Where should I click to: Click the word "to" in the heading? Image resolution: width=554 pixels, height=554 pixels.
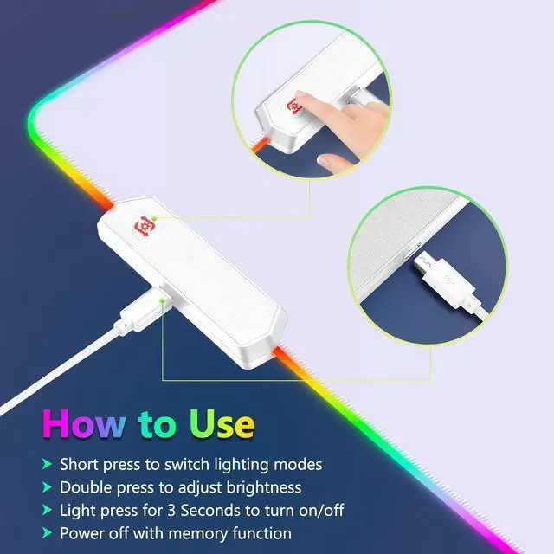[x=155, y=425]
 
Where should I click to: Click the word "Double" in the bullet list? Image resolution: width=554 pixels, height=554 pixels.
[x=87, y=487]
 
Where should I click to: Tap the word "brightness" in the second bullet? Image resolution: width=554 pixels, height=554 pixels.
[x=259, y=487]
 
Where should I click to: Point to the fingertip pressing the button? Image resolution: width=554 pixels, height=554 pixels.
[x=302, y=102]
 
